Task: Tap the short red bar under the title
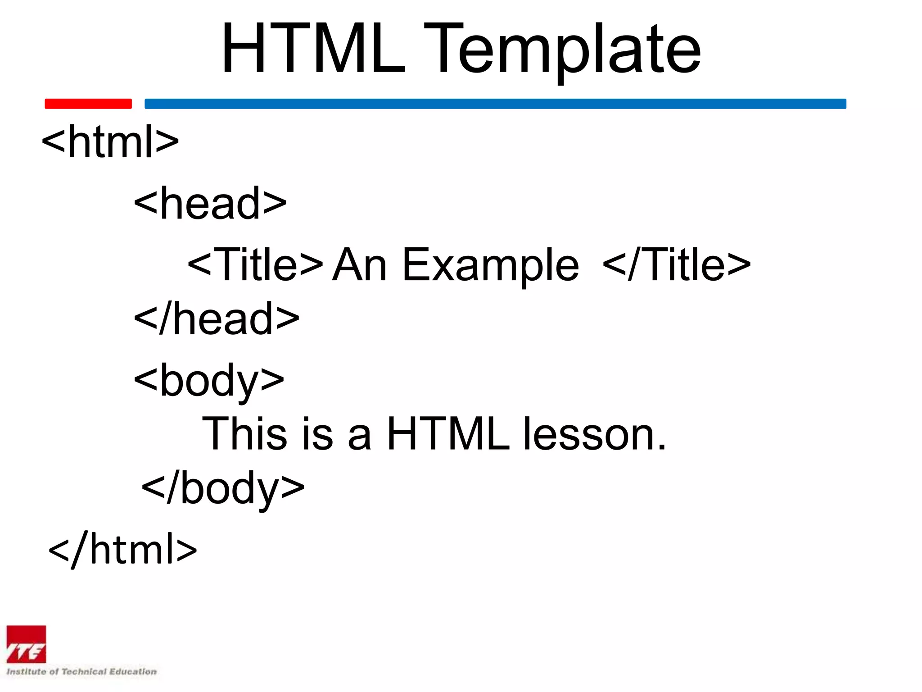click(x=88, y=104)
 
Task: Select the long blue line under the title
click(x=495, y=104)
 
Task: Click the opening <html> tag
click(x=110, y=142)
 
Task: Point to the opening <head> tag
click(x=210, y=204)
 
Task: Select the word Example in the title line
click(x=490, y=266)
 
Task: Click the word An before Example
click(x=359, y=265)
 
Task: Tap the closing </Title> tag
click(x=676, y=265)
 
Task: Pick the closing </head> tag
click(x=217, y=319)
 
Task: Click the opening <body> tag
click(x=209, y=381)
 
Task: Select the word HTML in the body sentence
click(x=448, y=433)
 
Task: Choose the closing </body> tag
click(x=223, y=488)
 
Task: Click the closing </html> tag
click(x=122, y=549)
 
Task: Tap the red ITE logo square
click(x=26, y=644)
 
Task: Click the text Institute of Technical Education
click(x=81, y=672)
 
